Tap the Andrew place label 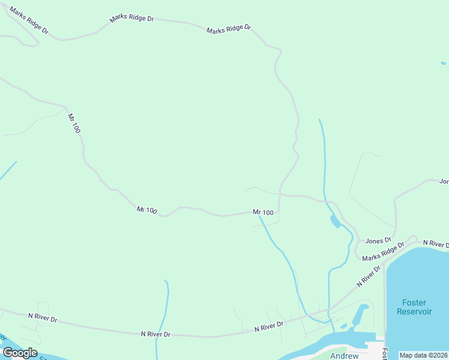pos(345,356)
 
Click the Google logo pos(20,352)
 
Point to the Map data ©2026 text pos(424,355)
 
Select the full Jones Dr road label pos(378,241)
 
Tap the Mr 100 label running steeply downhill pos(74,123)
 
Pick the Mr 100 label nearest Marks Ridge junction pos(263,212)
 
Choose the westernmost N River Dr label pos(42,317)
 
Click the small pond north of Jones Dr pos(334,221)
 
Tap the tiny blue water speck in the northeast pos(444,63)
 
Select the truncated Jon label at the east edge pos(444,181)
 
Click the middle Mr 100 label pos(146,210)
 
